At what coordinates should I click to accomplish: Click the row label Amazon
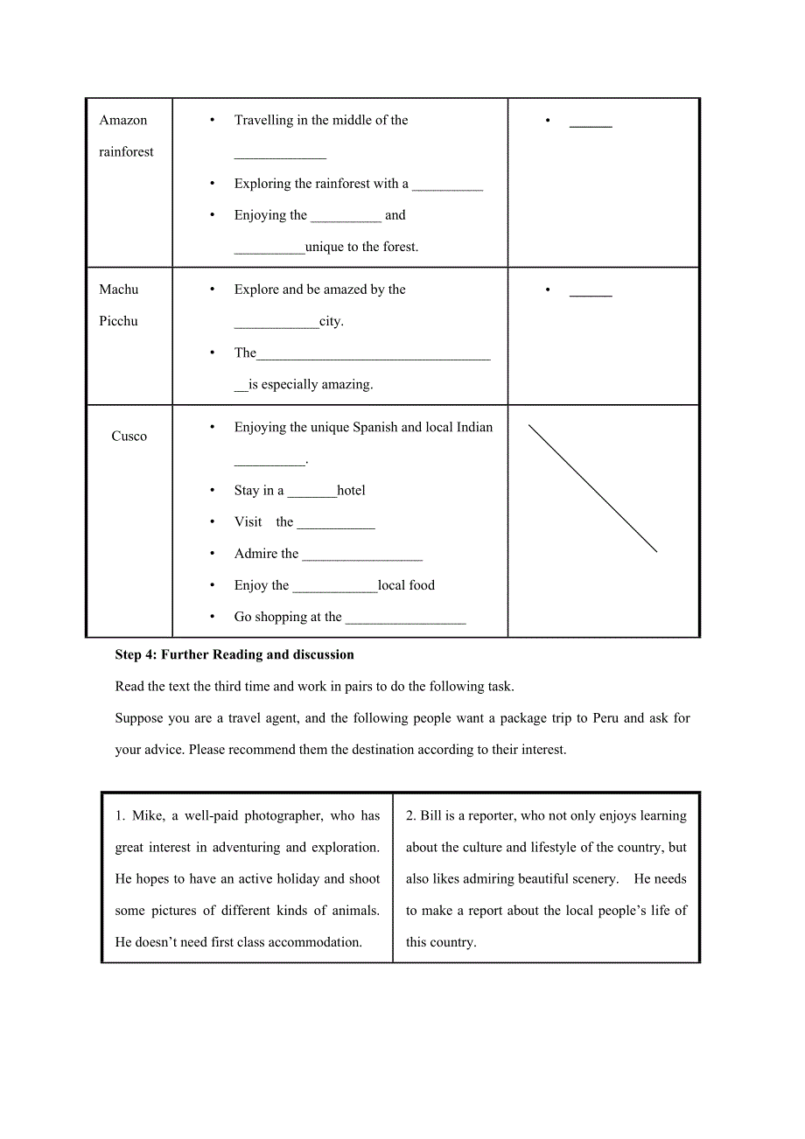[123, 121]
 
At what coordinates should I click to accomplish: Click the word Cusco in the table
[129, 437]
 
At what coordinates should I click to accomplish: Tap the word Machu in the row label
[119, 290]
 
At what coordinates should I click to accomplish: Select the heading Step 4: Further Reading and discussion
[234, 654]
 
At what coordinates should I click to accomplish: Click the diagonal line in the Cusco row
[592, 488]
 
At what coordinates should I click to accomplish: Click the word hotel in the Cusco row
[351, 491]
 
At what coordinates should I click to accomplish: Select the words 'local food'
[406, 585]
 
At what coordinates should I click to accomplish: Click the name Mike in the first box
[148, 816]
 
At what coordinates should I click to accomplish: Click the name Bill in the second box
[430, 816]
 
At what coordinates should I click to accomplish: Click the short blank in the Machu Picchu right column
[591, 294]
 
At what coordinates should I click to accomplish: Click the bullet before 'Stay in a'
[213, 491]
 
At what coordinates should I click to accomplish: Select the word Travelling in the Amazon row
[263, 121]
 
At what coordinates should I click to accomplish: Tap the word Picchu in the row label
[119, 321]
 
